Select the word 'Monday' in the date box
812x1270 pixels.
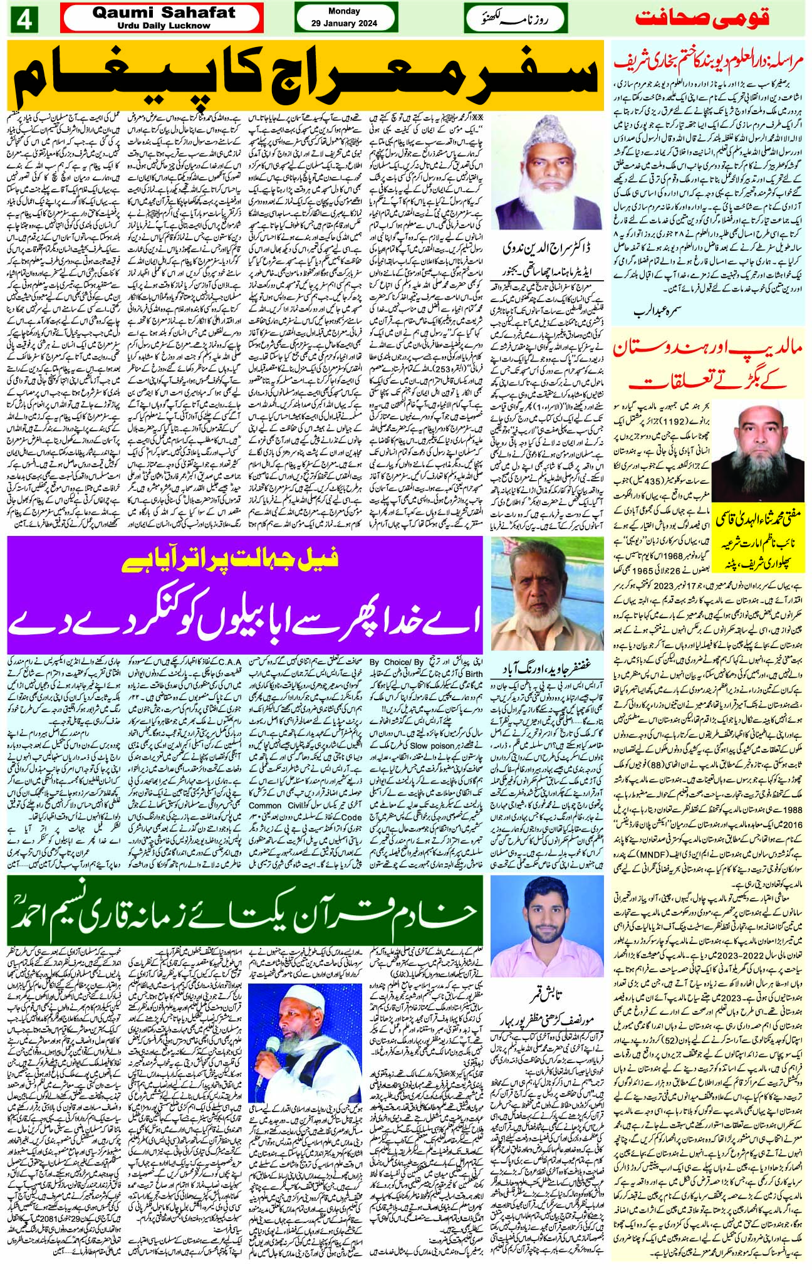(344, 11)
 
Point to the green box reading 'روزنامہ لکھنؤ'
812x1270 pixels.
(515, 19)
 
